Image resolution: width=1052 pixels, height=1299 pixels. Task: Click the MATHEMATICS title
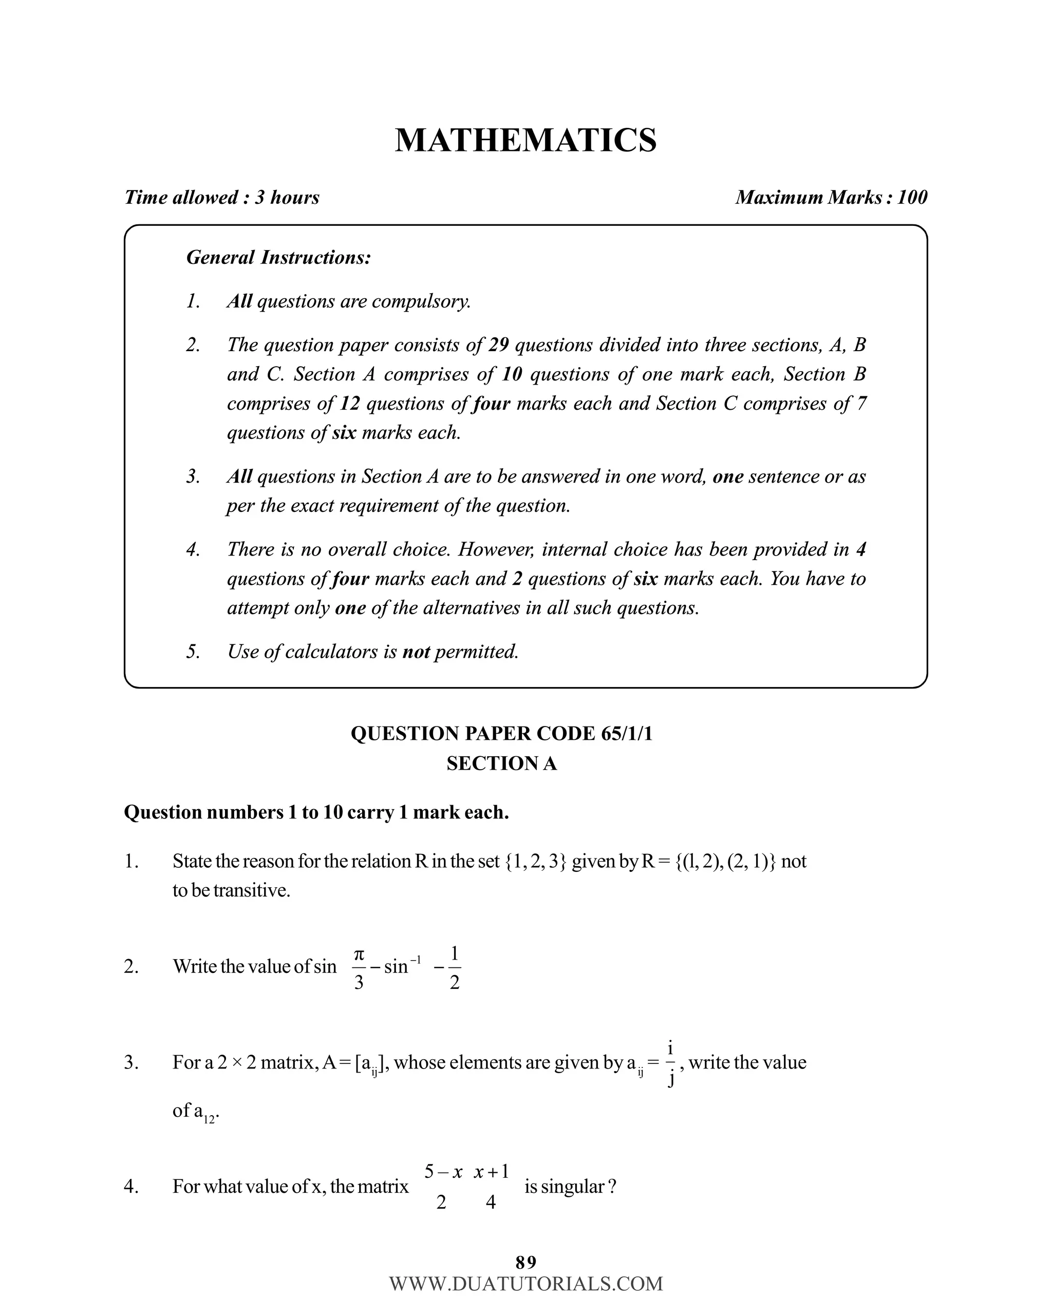[x=525, y=141]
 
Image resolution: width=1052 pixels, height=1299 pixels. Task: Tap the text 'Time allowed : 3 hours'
[x=222, y=198]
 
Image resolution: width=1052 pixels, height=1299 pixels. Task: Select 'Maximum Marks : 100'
[x=831, y=198]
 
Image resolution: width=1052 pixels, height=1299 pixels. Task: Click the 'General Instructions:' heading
[x=278, y=257]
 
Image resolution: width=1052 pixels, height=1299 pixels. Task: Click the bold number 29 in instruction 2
[x=498, y=345]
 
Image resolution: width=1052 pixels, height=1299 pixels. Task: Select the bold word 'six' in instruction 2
[x=344, y=432]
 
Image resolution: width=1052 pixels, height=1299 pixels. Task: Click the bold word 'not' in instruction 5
[x=416, y=652]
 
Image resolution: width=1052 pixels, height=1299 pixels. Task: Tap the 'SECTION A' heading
[x=501, y=763]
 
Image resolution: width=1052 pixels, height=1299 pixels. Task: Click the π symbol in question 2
[x=359, y=954]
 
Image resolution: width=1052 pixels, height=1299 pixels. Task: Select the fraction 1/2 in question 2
[x=455, y=967]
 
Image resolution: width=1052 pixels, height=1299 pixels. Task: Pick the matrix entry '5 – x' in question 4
[x=443, y=1172]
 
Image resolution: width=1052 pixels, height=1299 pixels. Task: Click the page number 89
[x=525, y=1262]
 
